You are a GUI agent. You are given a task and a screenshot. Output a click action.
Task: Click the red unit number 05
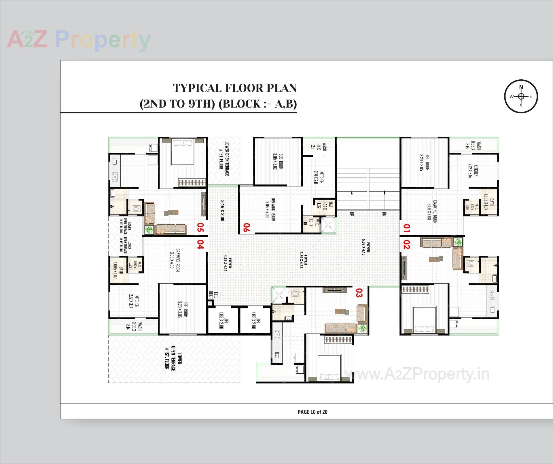200,227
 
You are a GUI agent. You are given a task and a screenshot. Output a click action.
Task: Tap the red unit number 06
247,227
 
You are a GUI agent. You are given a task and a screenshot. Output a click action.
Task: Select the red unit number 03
359,293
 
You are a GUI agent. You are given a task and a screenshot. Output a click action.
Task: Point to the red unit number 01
406,228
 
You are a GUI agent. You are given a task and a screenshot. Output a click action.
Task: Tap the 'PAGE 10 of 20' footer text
313,412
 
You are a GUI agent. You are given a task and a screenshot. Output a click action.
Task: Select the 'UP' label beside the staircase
351,214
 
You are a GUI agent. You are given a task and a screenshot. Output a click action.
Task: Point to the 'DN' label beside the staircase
384,214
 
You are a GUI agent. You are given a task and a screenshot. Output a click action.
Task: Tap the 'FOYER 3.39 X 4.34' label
304,261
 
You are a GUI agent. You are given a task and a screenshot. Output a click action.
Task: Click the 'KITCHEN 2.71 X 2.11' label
319,177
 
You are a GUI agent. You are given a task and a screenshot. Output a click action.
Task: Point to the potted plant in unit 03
362,328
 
